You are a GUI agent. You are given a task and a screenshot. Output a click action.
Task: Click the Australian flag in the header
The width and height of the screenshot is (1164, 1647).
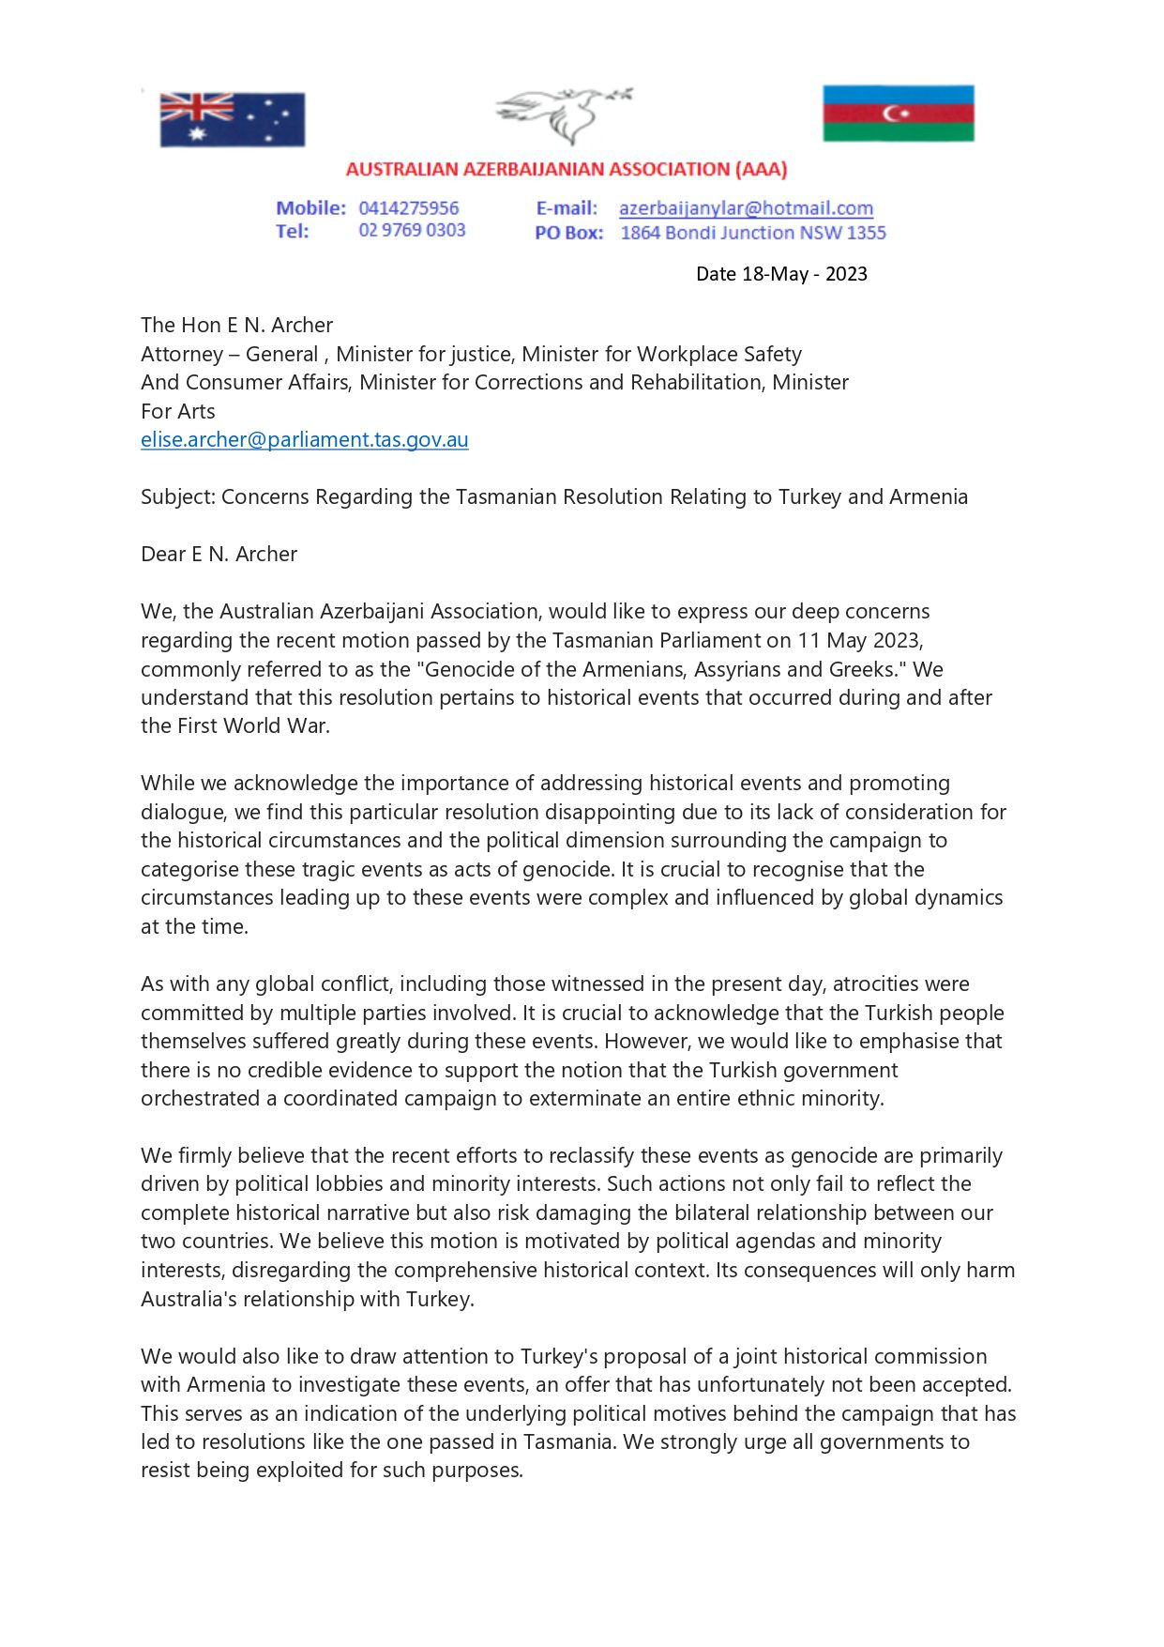pos(232,119)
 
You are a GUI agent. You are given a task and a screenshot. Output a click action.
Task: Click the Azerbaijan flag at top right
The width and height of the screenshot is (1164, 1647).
pos(898,114)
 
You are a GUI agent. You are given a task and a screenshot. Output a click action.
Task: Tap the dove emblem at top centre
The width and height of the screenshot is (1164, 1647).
pos(564,114)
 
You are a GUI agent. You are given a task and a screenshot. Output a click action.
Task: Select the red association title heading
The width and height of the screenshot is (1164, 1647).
pos(566,170)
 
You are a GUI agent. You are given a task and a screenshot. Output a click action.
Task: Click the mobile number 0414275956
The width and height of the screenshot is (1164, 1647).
pos(409,208)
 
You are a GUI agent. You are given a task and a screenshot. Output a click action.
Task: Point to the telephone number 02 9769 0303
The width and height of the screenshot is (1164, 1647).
pos(412,231)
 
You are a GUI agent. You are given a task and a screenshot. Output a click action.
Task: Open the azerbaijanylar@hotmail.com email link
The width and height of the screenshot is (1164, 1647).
pos(746,208)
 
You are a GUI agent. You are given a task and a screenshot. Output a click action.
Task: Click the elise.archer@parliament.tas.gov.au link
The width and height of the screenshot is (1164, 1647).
pos(304,440)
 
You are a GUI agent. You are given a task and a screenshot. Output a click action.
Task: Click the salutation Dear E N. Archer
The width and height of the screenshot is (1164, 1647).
pos(219,555)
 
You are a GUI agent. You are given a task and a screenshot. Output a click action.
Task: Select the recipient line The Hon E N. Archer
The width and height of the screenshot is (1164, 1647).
pos(236,326)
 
